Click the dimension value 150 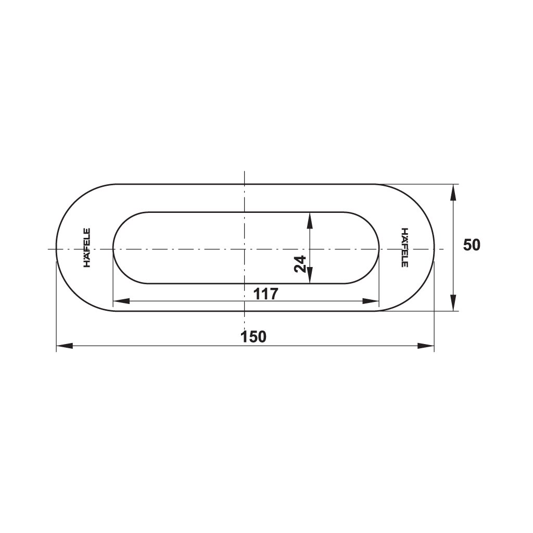253,337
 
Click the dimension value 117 266,294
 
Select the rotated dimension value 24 300,264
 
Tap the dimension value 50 472,245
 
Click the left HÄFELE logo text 87,247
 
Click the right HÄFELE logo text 404,247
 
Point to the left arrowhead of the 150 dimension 65,346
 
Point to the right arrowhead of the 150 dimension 426,346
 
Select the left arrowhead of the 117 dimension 121,301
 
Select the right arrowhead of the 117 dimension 371,301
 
